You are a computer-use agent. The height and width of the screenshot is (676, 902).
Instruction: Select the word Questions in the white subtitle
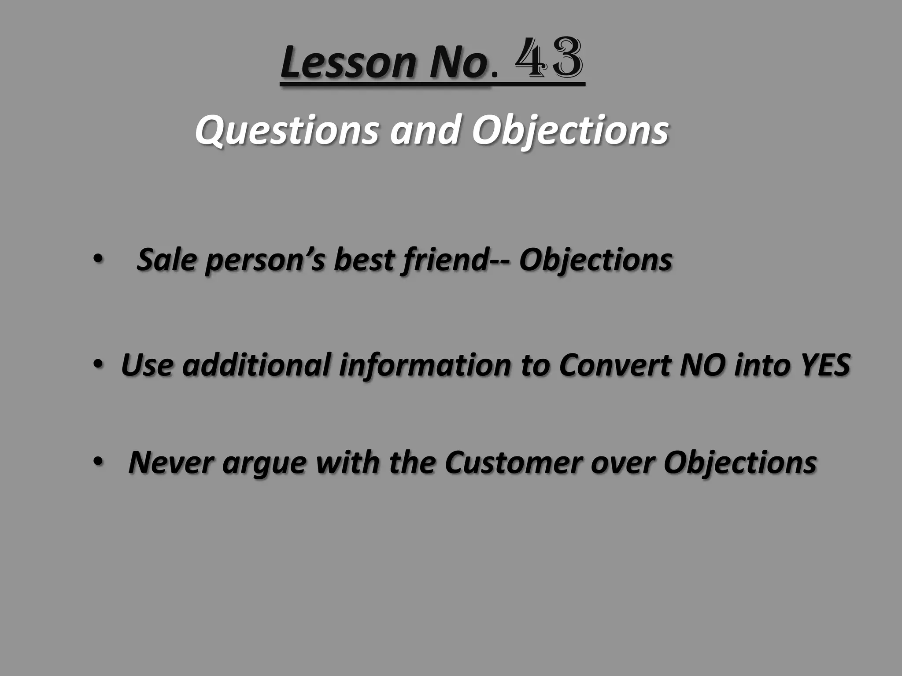(287, 130)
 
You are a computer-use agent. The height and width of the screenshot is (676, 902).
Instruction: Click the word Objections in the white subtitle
(570, 130)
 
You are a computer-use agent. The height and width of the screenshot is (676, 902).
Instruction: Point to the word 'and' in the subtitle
(425, 130)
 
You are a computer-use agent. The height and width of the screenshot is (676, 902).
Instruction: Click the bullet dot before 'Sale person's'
(96, 259)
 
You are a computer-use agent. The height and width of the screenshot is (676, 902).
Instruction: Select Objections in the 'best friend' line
(595, 260)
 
